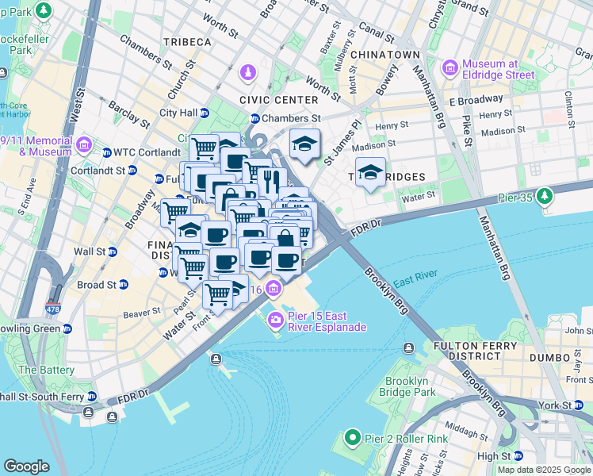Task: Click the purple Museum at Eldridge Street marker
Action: (x=450, y=69)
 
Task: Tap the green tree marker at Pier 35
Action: (x=544, y=196)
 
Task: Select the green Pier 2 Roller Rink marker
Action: (x=354, y=437)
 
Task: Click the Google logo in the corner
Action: (x=27, y=466)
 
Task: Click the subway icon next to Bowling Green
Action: (x=67, y=328)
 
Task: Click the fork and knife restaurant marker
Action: (x=271, y=181)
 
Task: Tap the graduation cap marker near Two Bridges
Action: (x=369, y=173)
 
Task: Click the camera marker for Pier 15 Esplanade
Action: (x=276, y=321)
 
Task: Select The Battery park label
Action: (x=47, y=370)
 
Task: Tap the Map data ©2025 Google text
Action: (x=543, y=470)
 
